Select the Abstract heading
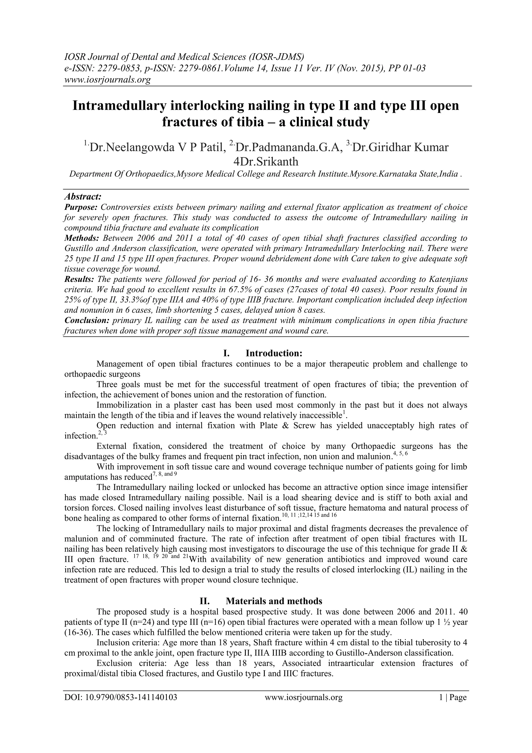click(x=83, y=197)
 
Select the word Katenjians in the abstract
click(x=447, y=279)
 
